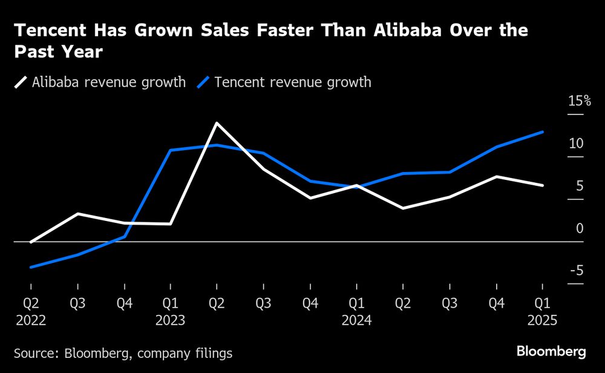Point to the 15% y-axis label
(575, 101)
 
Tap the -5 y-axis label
(575, 271)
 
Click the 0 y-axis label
(580, 228)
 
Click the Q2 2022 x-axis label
(30, 303)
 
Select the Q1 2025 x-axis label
(542, 303)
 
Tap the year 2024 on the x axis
(357, 319)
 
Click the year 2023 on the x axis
(171, 319)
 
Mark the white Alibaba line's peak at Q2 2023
(217, 123)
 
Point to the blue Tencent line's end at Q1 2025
(543, 132)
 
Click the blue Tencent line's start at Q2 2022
(30, 267)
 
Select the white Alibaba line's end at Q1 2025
(543, 185)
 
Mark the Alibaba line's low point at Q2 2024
(403, 208)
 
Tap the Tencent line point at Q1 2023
(171, 150)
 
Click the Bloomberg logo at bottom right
(551, 351)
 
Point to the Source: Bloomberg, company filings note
(123, 352)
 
